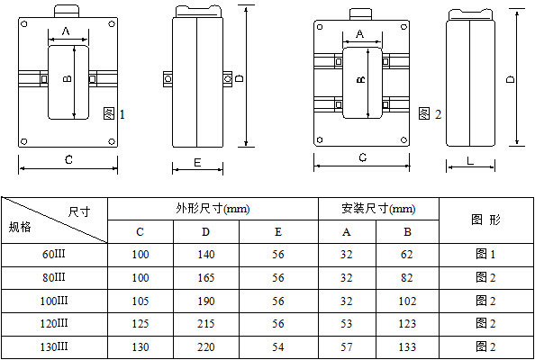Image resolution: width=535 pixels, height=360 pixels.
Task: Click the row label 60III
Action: pyautogui.click(x=55, y=255)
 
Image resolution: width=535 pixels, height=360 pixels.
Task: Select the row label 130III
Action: pyautogui.click(x=55, y=346)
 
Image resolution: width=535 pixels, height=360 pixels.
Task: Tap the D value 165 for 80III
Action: pyautogui.click(x=205, y=277)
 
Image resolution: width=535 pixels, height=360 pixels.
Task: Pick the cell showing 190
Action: pyautogui.click(x=205, y=300)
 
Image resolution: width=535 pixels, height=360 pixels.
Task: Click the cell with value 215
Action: pyautogui.click(x=205, y=322)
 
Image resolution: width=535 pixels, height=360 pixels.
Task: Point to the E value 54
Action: pyautogui.click(x=278, y=346)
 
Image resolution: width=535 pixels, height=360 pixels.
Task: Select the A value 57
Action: pyautogui.click(x=347, y=346)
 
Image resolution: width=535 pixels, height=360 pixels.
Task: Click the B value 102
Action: pyautogui.click(x=407, y=300)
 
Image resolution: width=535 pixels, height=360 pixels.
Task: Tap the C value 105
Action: pyautogui.click(x=141, y=300)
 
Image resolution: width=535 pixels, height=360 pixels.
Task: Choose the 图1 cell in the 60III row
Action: pyautogui.click(x=485, y=255)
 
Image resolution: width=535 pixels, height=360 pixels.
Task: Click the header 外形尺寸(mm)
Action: pyautogui.click(x=213, y=209)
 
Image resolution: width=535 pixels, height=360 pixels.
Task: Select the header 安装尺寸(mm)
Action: pyautogui.click(x=377, y=209)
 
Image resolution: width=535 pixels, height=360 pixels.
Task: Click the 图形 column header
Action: pyautogui.click(x=485, y=220)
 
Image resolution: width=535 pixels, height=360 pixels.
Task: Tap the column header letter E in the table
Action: pyautogui.click(x=278, y=232)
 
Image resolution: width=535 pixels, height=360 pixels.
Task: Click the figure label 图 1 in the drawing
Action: pyautogui.click(x=113, y=113)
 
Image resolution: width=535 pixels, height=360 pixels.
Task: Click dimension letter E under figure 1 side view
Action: pyautogui.click(x=197, y=163)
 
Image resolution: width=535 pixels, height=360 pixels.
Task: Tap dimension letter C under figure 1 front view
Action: pyautogui.click(x=68, y=159)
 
